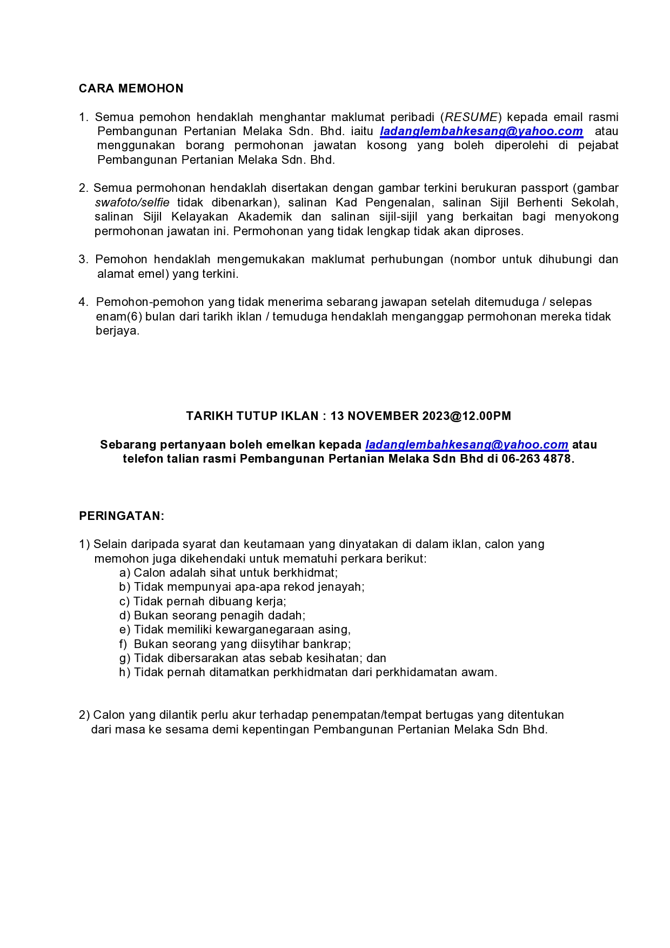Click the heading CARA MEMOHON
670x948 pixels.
(x=131, y=89)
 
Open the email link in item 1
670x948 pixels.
(x=481, y=131)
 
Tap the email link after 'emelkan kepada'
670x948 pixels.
(x=467, y=445)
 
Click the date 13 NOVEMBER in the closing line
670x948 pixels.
(x=374, y=416)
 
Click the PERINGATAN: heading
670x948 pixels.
(x=122, y=516)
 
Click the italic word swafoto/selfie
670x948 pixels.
(x=132, y=203)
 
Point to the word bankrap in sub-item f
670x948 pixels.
(x=330, y=644)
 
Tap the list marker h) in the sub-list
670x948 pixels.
(x=125, y=672)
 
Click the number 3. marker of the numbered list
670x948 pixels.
(x=83, y=259)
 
